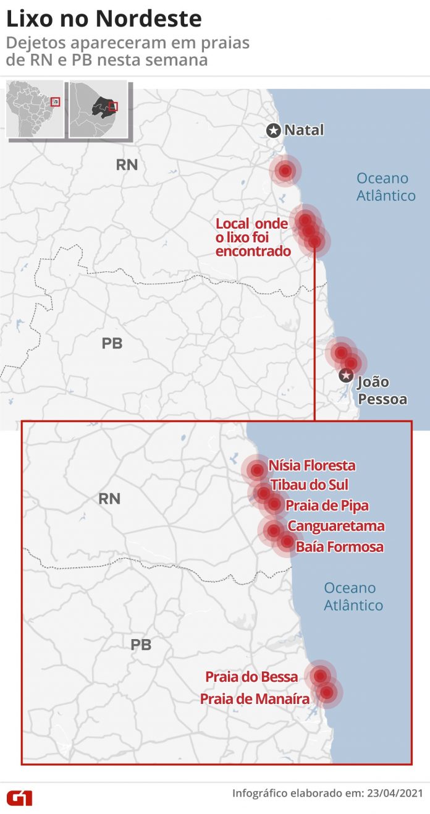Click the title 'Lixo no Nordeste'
(x=104, y=19)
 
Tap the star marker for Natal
(x=273, y=130)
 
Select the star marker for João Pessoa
(x=346, y=375)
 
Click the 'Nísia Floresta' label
(x=312, y=465)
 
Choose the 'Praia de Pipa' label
(x=327, y=506)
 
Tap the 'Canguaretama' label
(x=336, y=527)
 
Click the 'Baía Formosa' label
(x=339, y=546)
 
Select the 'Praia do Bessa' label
(x=251, y=677)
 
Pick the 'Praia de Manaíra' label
(x=255, y=698)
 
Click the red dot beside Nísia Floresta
(x=257, y=470)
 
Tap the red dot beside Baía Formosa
(x=287, y=542)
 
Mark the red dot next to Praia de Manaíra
(x=327, y=692)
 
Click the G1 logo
(x=19, y=798)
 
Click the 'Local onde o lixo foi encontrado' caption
(x=253, y=237)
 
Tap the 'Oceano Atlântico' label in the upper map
(x=386, y=187)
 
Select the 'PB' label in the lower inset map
(x=141, y=645)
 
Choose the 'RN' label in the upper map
(x=127, y=164)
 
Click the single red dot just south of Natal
(x=285, y=171)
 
